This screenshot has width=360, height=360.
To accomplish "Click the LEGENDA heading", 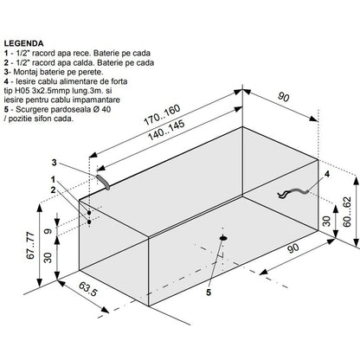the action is pos(23,43).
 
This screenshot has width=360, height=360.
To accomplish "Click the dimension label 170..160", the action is pos(163,115).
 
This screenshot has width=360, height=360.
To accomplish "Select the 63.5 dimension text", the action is pos(87,289).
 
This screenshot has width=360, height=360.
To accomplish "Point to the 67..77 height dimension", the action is pos(30,245).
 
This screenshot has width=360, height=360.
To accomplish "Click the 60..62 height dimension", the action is pos(347,211).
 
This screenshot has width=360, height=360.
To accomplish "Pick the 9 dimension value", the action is pos(48,231).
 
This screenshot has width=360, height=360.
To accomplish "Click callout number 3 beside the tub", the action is pos(55,163).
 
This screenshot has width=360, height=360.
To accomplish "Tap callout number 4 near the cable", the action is pos(327,174).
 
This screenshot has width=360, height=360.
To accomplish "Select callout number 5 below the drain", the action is pos(209,292).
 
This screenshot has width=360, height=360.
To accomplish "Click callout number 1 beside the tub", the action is pos(53,180).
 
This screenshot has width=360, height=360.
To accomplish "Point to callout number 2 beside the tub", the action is pos(53,190).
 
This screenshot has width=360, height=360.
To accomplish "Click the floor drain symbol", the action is pos(223,238).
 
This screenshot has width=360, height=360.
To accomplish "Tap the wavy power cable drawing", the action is pos(293,192).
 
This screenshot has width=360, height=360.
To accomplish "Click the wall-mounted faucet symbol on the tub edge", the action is pos(103,182).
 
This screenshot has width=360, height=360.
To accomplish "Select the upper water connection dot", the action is pos(89,213).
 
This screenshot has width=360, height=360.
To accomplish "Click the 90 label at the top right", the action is pos(283,97).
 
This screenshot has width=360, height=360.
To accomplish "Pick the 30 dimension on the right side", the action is pos(326,221).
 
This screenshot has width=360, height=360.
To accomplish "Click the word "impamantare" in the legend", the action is pos(96,100).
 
